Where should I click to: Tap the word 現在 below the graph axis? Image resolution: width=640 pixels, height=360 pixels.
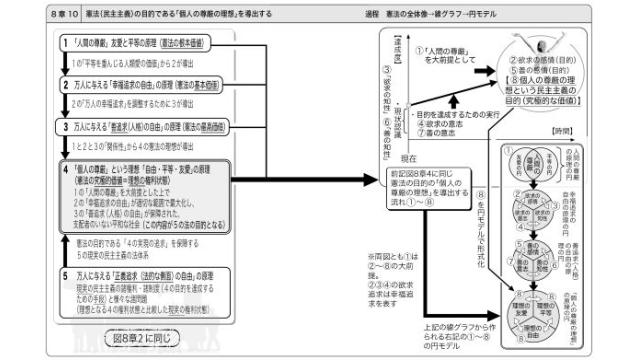(x=380, y=159)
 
